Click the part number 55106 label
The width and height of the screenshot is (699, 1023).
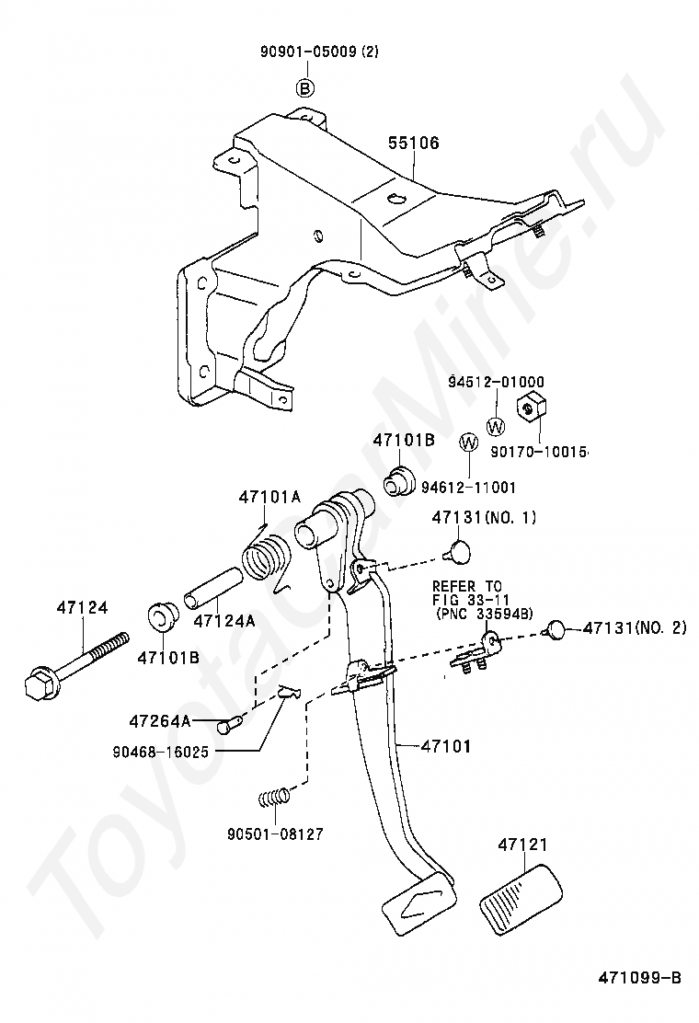click(413, 143)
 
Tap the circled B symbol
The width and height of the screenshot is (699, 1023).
click(305, 88)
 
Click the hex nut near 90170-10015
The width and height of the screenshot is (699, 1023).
click(532, 408)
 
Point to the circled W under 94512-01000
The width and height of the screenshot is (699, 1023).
click(497, 428)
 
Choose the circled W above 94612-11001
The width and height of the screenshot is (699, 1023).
click(469, 443)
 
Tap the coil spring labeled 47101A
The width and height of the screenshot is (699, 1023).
click(265, 557)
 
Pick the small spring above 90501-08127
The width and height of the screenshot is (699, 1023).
click(273, 798)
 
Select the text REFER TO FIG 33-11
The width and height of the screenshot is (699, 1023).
click(471, 592)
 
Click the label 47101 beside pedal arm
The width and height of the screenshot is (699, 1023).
click(445, 746)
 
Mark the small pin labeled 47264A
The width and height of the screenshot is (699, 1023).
click(235, 721)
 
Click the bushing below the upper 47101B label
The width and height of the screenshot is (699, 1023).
click(398, 481)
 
